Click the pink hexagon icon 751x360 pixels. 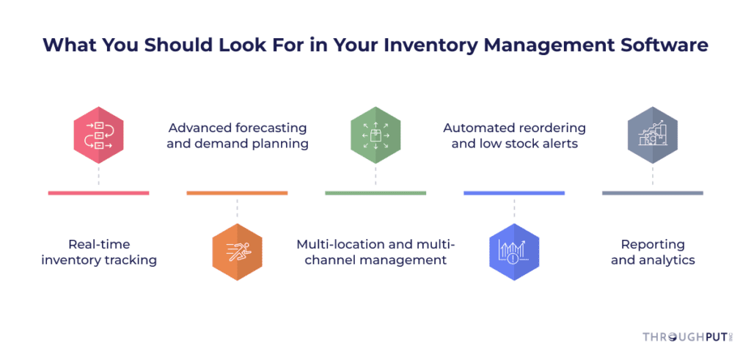[99, 135]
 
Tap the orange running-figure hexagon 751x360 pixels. [237, 251]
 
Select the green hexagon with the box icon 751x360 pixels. [375, 135]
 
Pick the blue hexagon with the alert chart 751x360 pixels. [514, 251]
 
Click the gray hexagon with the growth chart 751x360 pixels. [652, 135]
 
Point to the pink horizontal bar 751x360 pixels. [99, 193]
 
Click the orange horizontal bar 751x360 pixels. [237, 193]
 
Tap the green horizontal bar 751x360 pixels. [375, 193]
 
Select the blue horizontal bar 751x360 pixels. [514, 193]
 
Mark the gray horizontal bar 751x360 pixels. [652, 193]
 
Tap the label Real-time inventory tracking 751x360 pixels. [99, 252]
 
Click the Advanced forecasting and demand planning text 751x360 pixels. [237, 136]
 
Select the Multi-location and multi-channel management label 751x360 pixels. [375, 252]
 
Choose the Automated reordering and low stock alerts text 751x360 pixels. [514, 136]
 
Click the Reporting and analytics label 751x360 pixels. [653, 252]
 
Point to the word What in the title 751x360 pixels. [65, 45]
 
